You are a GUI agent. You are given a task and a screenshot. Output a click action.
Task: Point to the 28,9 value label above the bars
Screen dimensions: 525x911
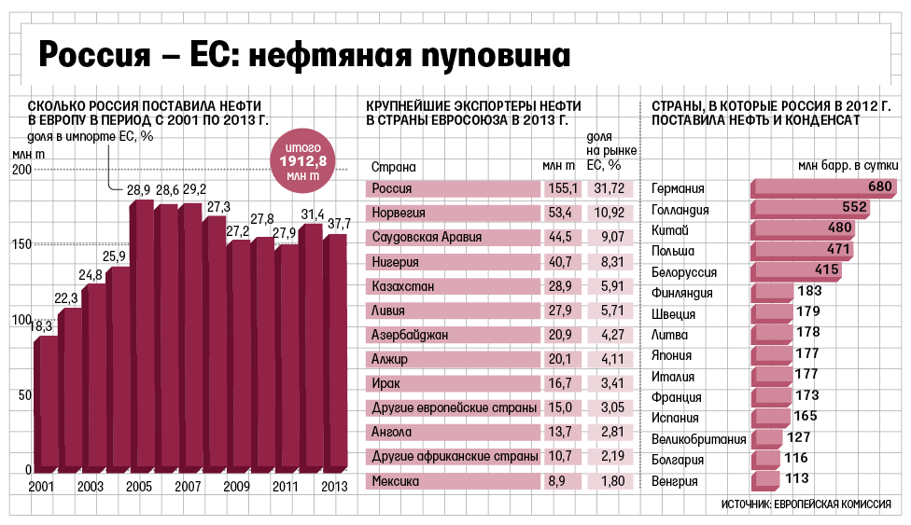(x=139, y=190)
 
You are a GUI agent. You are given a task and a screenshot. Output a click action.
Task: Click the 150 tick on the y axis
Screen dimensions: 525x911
(x=20, y=244)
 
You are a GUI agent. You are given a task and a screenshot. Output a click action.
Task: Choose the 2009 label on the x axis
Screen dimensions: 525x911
(x=236, y=486)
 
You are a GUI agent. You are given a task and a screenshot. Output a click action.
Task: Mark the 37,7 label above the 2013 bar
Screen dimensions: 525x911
(x=338, y=224)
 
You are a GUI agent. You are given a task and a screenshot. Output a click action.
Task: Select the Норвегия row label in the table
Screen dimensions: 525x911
(x=399, y=213)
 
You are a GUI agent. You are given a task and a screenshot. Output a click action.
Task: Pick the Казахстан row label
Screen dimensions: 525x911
(x=404, y=285)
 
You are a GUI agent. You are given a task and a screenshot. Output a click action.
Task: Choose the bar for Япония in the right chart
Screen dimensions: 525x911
(x=772, y=354)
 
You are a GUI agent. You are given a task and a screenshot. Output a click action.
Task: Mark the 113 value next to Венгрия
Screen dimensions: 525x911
(x=797, y=479)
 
